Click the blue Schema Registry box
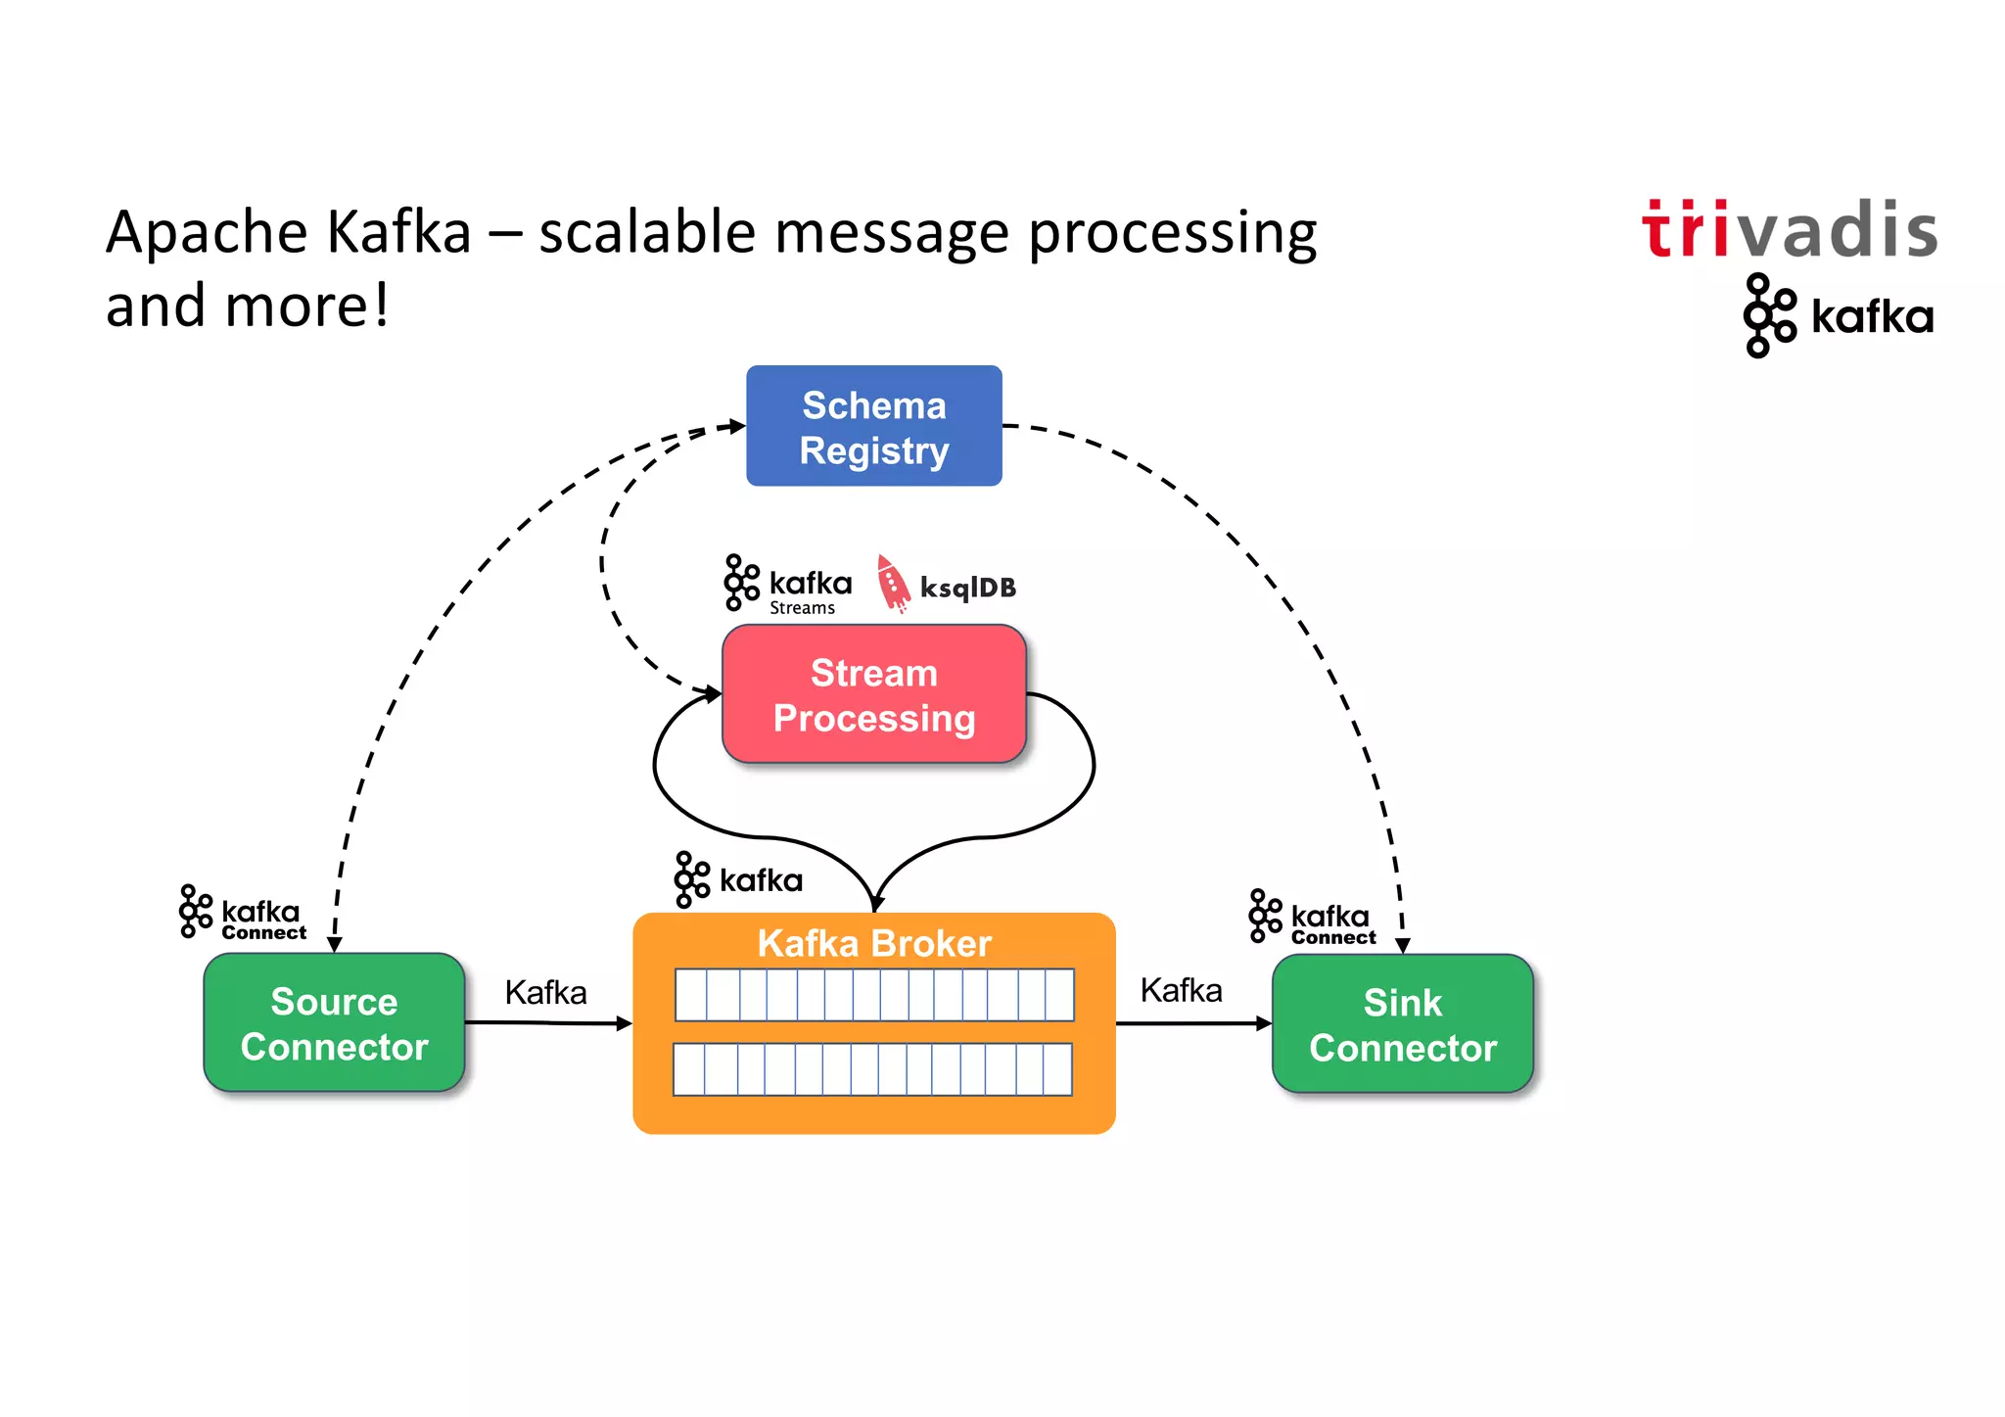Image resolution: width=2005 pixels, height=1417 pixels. click(x=873, y=426)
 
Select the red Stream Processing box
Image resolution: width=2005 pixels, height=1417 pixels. click(x=873, y=694)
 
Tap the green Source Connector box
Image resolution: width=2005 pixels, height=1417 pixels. click(x=334, y=1023)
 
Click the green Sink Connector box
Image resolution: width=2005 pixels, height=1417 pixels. click(x=1402, y=1024)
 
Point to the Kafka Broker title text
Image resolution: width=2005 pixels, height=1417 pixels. click(x=873, y=943)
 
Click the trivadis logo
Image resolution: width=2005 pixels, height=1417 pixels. click(x=1789, y=230)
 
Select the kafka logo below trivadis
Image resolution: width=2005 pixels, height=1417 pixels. click(x=1838, y=315)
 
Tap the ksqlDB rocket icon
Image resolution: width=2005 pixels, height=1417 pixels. click(x=892, y=584)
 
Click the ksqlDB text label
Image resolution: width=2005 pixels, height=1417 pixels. click(x=967, y=588)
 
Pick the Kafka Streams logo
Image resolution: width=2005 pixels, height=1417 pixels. click(x=787, y=585)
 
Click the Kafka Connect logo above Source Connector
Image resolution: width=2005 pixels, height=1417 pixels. click(x=243, y=913)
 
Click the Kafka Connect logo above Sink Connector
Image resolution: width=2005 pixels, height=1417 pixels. click(x=1312, y=918)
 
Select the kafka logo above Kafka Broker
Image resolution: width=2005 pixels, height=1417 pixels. click(x=738, y=879)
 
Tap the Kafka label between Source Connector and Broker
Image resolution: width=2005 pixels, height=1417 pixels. click(x=545, y=992)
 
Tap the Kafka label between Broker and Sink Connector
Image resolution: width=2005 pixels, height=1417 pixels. click(x=1181, y=990)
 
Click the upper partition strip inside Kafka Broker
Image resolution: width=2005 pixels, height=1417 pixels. click(x=874, y=995)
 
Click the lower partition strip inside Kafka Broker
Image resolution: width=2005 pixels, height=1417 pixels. click(x=872, y=1069)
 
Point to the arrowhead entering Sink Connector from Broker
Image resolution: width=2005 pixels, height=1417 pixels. click(x=1264, y=1023)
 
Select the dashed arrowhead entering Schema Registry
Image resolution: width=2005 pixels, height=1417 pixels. click(x=737, y=426)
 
